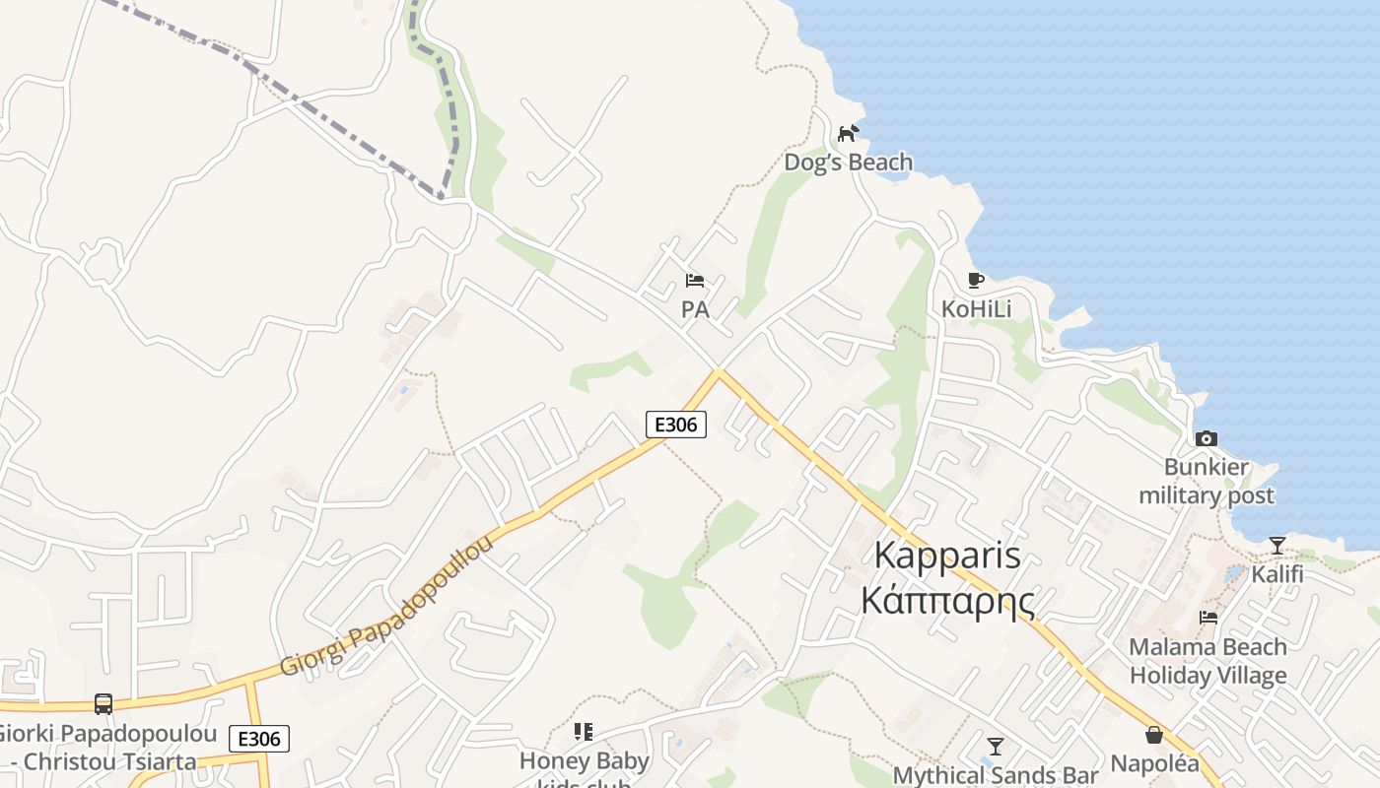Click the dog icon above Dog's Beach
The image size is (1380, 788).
point(848,133)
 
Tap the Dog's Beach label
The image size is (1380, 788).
point(848,162)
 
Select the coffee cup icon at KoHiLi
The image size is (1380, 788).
point(975,281)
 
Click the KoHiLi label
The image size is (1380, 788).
point(976,309)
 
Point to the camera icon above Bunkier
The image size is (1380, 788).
point(1206,438)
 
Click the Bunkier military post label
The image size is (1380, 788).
point(1207,482)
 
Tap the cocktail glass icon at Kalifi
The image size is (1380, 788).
point(1276,546)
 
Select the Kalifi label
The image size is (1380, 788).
point(1277,574)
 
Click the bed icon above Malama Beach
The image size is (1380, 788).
point(1207,619)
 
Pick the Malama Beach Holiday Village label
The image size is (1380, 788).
point(1207,661)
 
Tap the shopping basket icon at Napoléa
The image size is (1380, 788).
point(1154,735)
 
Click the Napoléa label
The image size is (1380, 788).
point(1154,763)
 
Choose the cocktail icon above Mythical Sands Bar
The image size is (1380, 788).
point(996,747)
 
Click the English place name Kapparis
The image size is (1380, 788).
point(947,557)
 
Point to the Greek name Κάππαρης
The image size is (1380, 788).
point(947,598)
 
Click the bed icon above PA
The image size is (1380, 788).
point(695,281)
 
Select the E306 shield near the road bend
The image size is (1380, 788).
point(676,425)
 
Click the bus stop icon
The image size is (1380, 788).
point(103,704)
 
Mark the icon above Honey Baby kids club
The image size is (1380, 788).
point(584,732)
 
